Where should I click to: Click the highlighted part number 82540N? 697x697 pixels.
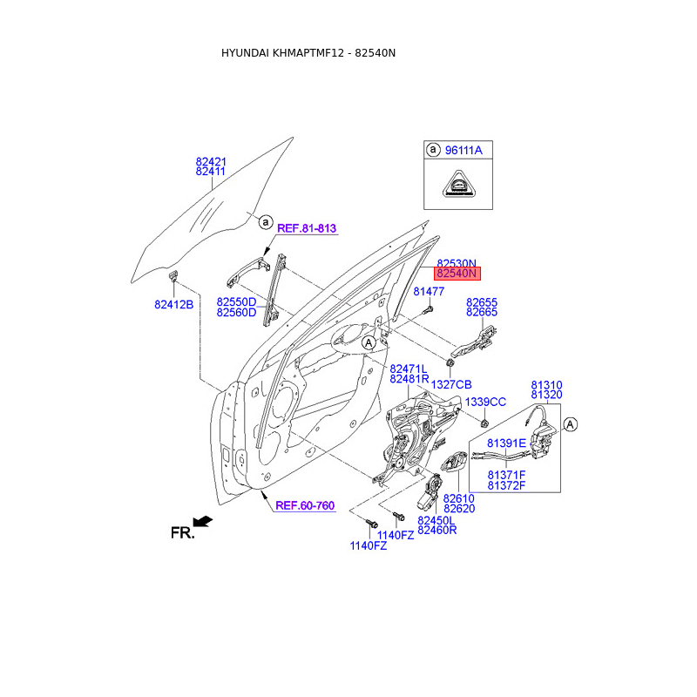coord(457,274)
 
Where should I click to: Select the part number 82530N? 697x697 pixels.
coord(457,263)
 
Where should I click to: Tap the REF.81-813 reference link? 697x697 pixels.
coord(307,228)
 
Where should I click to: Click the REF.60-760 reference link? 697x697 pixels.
coord(305,505)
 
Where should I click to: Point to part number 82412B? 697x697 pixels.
coord(173,305)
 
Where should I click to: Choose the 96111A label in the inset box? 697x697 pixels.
coord(463,151)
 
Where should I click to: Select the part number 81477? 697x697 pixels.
coord(429,292)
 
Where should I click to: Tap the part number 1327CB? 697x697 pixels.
coord(451,384)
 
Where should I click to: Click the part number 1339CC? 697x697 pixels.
coord(485,402)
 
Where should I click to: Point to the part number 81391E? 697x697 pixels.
coord(506,443)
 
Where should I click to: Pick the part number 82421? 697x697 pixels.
coord(211,161)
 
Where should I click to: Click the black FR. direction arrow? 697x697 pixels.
coord(203,521)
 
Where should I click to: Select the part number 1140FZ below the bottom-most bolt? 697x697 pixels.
coord(368,545)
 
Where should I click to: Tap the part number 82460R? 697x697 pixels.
coord(436,530)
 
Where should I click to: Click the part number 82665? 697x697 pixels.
coord(482,312)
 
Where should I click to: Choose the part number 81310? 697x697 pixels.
coord(547,384)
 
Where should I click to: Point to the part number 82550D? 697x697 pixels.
coord(236,301)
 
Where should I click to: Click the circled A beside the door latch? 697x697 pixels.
coord(571,424)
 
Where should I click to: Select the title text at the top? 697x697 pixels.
coord(308,53)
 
